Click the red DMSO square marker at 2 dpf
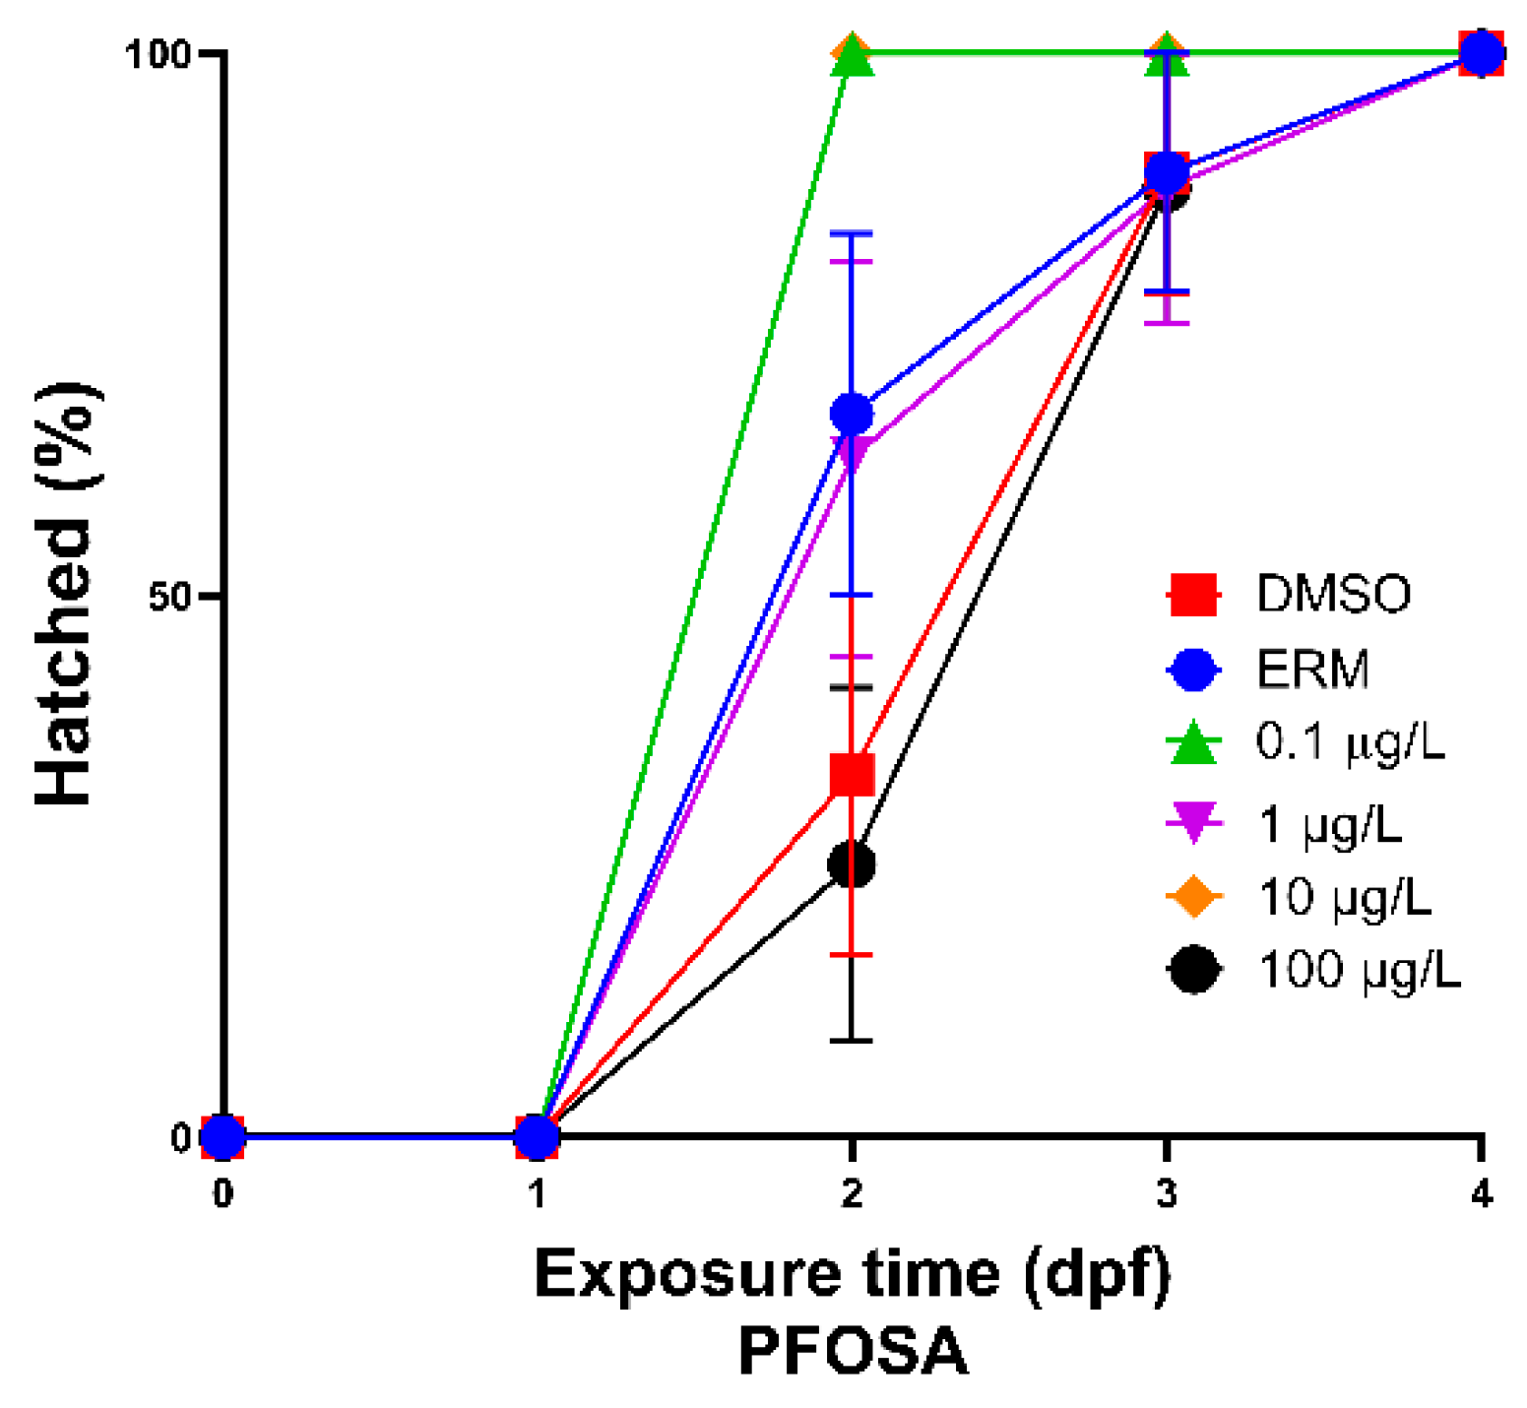[x=852, y=775]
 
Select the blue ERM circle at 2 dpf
[x=852, y=415]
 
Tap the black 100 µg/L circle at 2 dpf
[x=852, y=864]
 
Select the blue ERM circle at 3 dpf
[x=1167, y=173]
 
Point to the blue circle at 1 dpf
[x=537, y=1136]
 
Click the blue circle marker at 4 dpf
[x=1481, y=53]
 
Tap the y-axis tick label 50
[x=168, y=596]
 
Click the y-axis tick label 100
[x=158, y=54]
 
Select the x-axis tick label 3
[x=1167, y=1194]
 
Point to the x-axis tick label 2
[x=852, y=1194]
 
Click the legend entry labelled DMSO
[x=1333, y=594]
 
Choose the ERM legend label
[x=1312, y=670]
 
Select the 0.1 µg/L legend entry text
[x=1350, y=743]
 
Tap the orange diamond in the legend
[x=1193, y=896]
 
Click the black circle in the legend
[x=1193, y=970]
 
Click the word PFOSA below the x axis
[x=853, y=1351]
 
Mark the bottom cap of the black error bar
[x=852, y=1040]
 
